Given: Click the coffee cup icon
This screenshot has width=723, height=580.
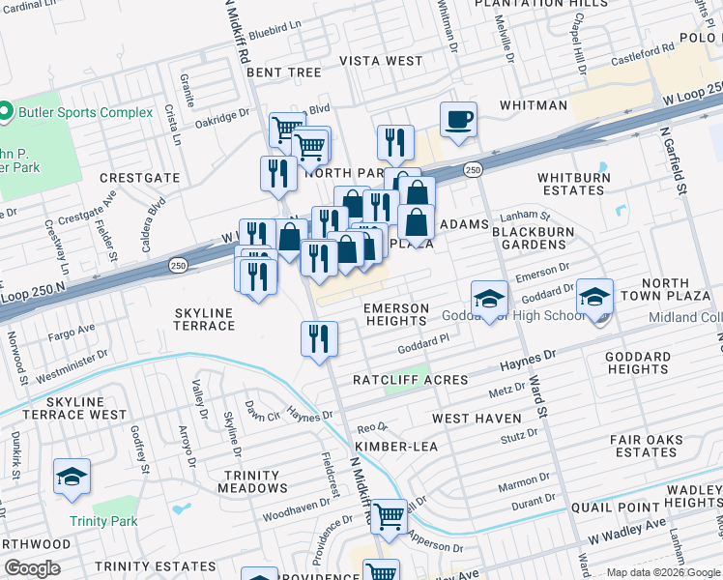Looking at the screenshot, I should click(x=459, y=120).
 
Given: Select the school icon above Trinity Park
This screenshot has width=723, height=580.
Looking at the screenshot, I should click(x=72, y=477).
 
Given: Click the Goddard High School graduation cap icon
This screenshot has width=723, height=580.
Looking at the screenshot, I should click(x=489, y=299).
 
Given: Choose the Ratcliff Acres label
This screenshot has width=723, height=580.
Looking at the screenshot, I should click(x=410, y=380).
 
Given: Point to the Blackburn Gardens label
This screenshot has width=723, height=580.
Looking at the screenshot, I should click(x=533, y=238).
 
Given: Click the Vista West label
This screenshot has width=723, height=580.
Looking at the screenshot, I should click(x=381, y=61).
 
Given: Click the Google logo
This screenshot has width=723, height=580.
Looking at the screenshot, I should click(x=33, y=568).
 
